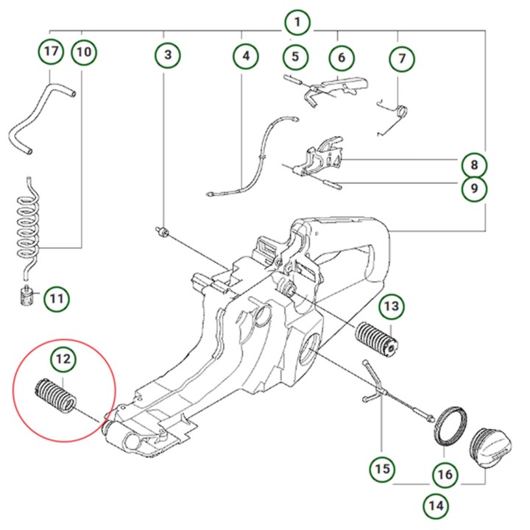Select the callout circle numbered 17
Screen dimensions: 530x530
[50, 52]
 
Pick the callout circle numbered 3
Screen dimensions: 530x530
[168, 54]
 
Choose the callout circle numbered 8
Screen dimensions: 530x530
[475, 164]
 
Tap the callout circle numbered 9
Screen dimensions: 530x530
[475, 189]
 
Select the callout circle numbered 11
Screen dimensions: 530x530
[57, 299]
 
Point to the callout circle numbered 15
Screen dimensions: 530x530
[383, 468]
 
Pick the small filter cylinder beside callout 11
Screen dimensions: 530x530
[27, 300]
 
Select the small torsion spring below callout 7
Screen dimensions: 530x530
[397, 113]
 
